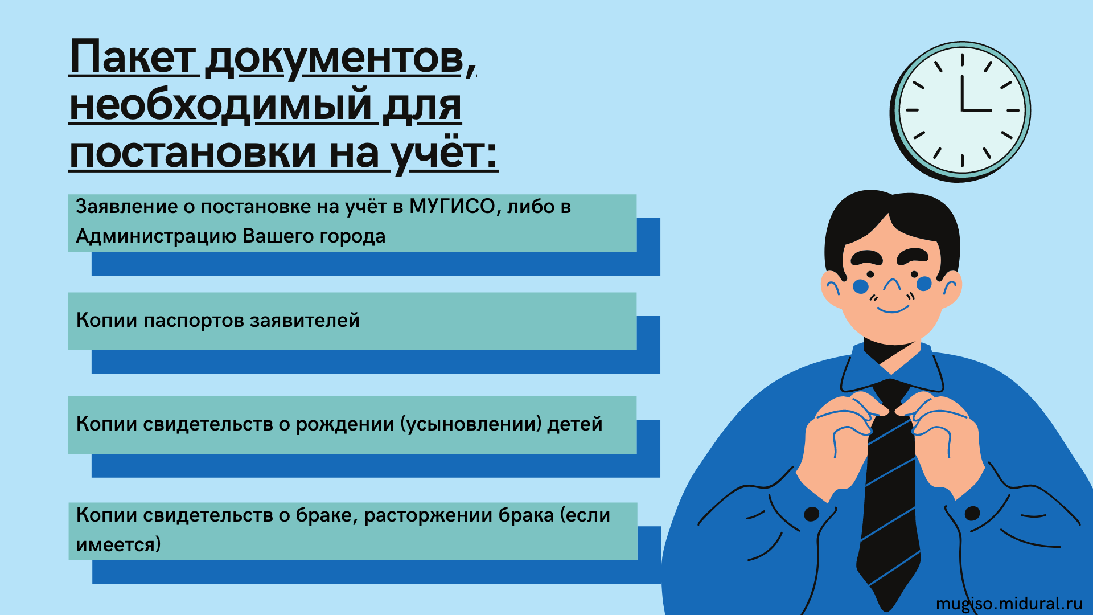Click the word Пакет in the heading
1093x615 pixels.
(132, 57)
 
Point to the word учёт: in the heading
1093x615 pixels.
(445, 153)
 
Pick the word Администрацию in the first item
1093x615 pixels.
(156, 236)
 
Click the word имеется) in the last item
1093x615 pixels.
(118, 545)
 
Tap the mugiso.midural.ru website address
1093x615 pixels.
(1009, 603)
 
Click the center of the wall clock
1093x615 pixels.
(961, 110)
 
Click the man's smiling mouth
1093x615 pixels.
(893, 309)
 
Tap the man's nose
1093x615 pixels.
(891, 285)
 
